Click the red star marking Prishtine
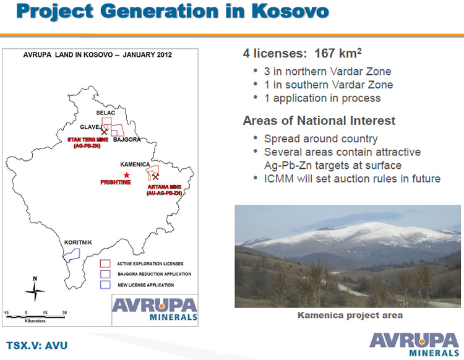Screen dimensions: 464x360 click(x=126, y=175)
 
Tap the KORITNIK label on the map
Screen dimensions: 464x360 click(x=78, y=242)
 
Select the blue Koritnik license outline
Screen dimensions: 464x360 click(x=71, y=255)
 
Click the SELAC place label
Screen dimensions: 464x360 click(x=106, y=113)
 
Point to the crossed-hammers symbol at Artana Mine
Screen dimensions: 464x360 click(x=155, y=177)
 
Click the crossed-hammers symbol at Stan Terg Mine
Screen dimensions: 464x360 click(x=104, y=132)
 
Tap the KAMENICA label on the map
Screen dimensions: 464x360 click(x=135, y=165)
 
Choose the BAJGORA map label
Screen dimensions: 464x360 click(x=127, y=140)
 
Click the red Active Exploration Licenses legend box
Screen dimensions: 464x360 click(x=105, y=264)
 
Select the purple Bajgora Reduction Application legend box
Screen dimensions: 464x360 click(x=105, y=274)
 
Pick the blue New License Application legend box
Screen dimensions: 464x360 click(x=105, y=285)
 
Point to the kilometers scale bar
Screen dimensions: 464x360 click(x=35, y=317)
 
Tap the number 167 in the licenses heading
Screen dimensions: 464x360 click(x=325, y=54)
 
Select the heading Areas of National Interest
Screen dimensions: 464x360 click(x=319, y=121)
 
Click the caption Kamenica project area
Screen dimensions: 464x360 click(x=350, y=315)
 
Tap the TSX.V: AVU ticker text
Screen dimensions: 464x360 click(x=37, y=346)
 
